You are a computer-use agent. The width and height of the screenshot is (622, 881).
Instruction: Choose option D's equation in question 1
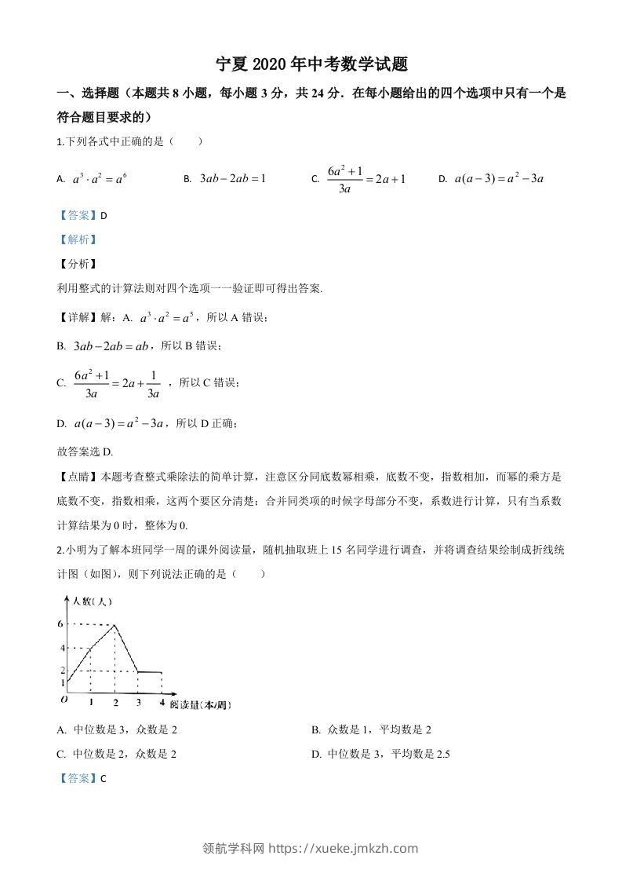500,178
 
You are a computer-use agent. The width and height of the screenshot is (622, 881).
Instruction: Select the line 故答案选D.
85,451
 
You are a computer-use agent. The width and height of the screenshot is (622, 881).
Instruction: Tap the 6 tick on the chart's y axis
62,623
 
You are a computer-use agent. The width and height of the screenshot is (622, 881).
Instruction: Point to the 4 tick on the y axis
62,649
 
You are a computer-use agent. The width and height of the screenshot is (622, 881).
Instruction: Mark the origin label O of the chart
63,699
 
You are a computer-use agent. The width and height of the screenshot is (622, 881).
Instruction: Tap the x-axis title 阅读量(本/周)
200,704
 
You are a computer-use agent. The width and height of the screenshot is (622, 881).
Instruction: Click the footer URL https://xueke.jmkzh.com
344,848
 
